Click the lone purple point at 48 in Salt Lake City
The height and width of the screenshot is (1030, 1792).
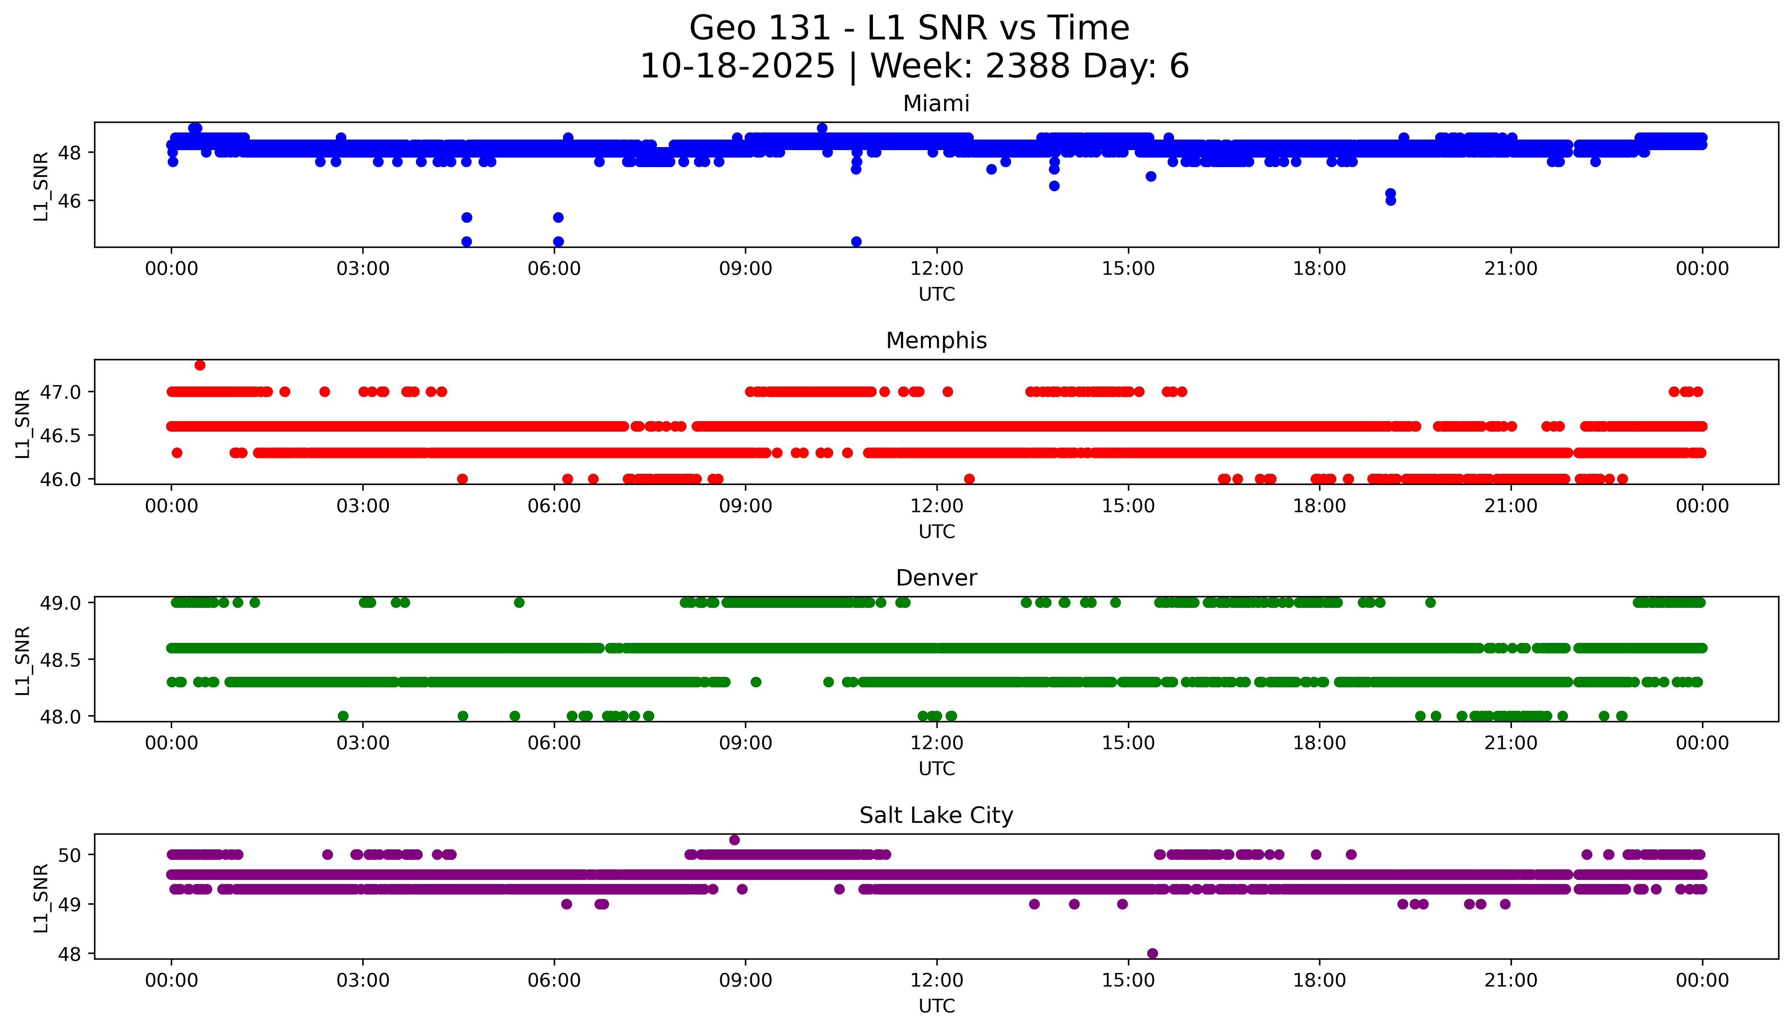1152,953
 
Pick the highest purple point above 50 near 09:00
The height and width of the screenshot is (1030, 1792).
734,840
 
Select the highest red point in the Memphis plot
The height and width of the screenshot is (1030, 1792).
200,365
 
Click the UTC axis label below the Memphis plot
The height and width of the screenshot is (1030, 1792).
936,531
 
